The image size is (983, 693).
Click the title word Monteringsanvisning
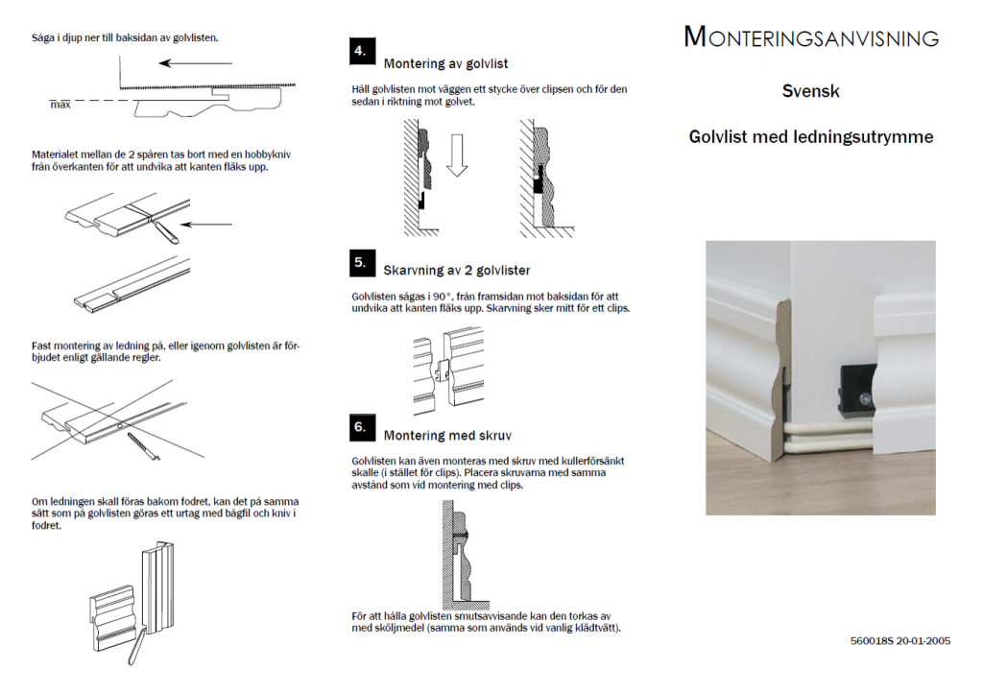point(811,37)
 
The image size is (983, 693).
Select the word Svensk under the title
point(810,91)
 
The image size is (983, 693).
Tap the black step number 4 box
point(362,52)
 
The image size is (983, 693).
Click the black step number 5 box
point(362,263)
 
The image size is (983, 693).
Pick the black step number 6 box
point(362,427)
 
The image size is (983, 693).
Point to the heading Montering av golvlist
point(445,64)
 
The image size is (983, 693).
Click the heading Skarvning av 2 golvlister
point(457,271)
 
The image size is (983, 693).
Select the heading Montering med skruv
point(447,436)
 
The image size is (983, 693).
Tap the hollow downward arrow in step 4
point(457,155)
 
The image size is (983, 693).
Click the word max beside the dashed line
point(60,105)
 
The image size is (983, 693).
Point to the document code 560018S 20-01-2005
point(900,641)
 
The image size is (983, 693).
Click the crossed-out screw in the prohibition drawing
point(144,446)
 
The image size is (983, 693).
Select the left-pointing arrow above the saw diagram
point(195,63)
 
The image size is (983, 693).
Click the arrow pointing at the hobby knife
point(206,225)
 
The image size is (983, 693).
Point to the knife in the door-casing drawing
point(136,645)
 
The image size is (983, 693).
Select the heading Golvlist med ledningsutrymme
point(811,137)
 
